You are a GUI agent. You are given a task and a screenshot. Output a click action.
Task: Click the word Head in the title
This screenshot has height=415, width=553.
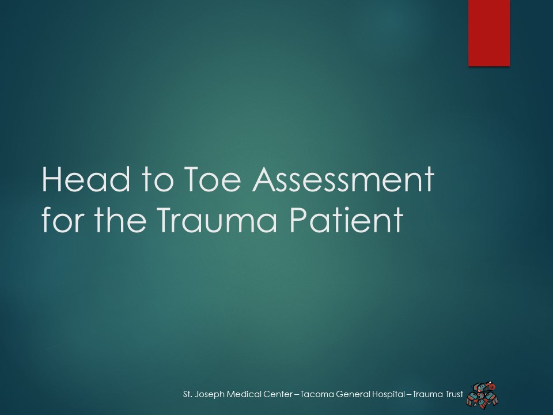(x=86, y=179)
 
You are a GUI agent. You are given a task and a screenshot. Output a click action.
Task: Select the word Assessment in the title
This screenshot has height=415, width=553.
(x=343, y=179)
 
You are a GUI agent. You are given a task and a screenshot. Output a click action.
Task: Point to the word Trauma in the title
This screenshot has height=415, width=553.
(x=217, y=220)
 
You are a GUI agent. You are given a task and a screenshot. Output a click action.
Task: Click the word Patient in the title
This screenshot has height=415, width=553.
(x=346, y=220)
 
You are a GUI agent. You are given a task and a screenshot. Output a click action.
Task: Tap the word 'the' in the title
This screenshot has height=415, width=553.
(x=120, y=219)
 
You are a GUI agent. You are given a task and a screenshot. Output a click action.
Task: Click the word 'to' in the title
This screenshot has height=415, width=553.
(x=158, y=180)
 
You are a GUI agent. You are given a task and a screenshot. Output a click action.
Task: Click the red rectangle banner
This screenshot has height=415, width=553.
(x=489, y=33)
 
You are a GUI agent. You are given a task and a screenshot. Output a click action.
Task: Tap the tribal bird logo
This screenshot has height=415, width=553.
(x=482, y=394)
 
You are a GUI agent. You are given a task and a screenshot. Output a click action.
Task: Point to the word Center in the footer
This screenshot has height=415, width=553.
(x=278, y=394)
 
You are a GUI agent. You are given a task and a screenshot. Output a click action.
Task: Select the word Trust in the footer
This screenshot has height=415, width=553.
(x=453, y=394)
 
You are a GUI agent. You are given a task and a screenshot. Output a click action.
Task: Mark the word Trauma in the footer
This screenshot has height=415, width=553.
(x=427, y=394)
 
